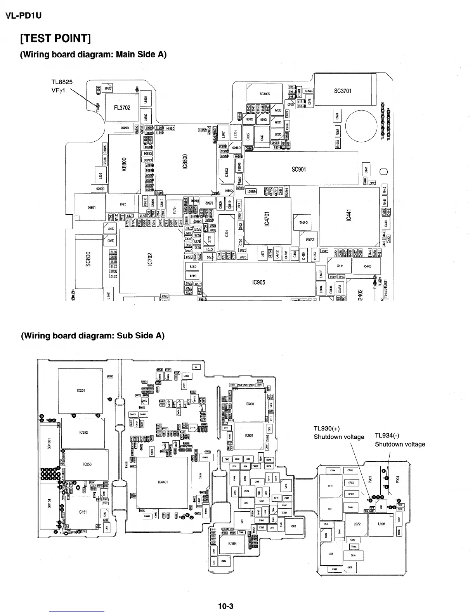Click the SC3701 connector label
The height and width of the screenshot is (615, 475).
pyautogui.click(x=343, y=91)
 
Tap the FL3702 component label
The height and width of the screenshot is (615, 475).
pyautogui.click(x=122, y=108)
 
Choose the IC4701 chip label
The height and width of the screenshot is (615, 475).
pyautogui.click(x=267, y=219)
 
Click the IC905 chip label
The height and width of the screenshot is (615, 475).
pyautogui.click(x=258, y=282)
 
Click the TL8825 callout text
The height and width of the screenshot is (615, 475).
pyautogui.click(x=62, y=82)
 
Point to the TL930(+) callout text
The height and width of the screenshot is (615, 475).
pyautogui.click(x=327, y=429)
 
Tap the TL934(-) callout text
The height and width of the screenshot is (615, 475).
pyautogui.click(x=387, y=436)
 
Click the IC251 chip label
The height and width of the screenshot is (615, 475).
pyautogui.click(x=81, y=390)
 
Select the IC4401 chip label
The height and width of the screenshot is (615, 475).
pyautogui.click(x=163, y=482)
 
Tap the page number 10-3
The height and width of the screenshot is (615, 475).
pyautogui.click(x=226, y=606)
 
